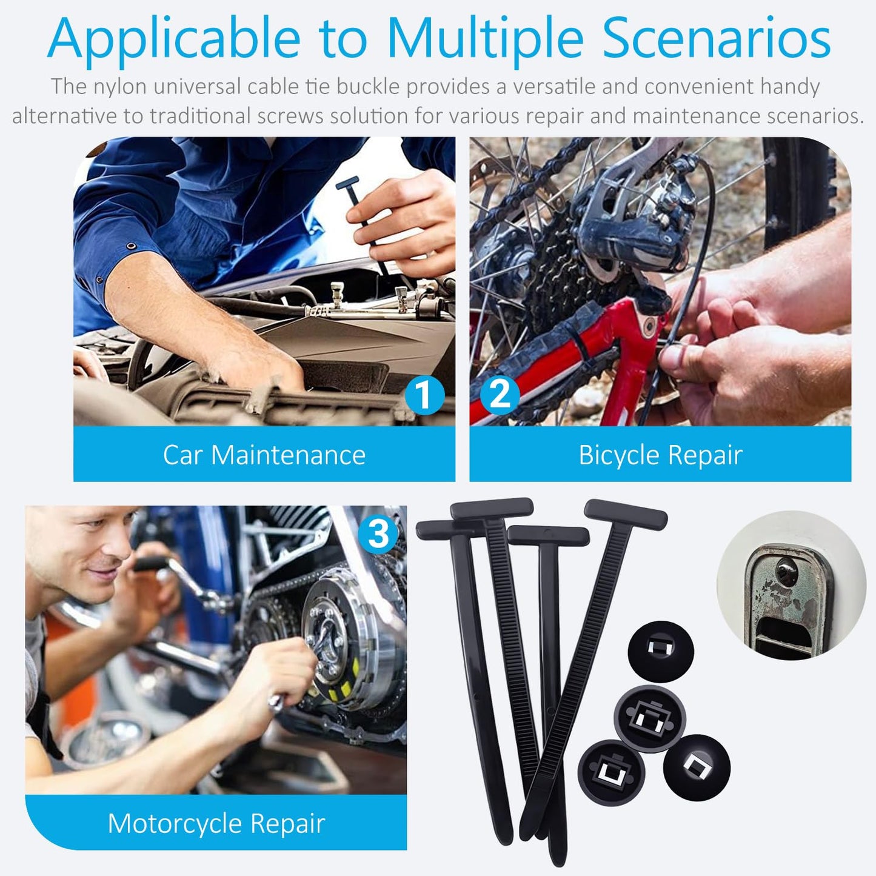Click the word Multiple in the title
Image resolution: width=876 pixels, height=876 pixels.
point(484,39)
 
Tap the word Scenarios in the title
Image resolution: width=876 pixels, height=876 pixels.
point(716,39)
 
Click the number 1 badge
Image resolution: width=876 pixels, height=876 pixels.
point(424,395)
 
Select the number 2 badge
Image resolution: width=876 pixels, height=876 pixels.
point(500,394)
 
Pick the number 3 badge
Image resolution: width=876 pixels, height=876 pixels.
point(378,534)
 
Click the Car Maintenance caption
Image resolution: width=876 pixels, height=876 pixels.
point(264,455)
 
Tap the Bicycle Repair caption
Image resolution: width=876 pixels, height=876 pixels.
point(660,455)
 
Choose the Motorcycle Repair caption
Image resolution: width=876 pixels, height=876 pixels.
point(216,823)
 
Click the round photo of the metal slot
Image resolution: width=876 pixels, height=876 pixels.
point(791,586)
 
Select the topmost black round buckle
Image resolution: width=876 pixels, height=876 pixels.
point(660,650)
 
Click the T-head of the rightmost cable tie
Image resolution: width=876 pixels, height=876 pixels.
point(626,513)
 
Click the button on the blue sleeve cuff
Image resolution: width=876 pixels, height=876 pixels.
point(131,247)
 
